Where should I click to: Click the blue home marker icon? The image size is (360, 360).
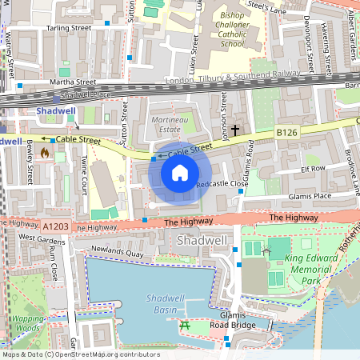pyautogui.click(x=180, y=172)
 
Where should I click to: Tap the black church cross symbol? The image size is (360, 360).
pyautogui.click(x=235, y=129)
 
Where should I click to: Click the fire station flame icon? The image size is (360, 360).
pyautogui.click(x=45, y=150)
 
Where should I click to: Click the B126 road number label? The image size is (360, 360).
pyautogui.click(x=286, y=130)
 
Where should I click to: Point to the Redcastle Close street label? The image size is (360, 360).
pyautogui.click(x=229, y=183)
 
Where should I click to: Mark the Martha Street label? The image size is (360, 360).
pyautogui.click(x=73, y=82)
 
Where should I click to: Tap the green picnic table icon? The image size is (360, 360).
pyautogui.click(x=184, y=325)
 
